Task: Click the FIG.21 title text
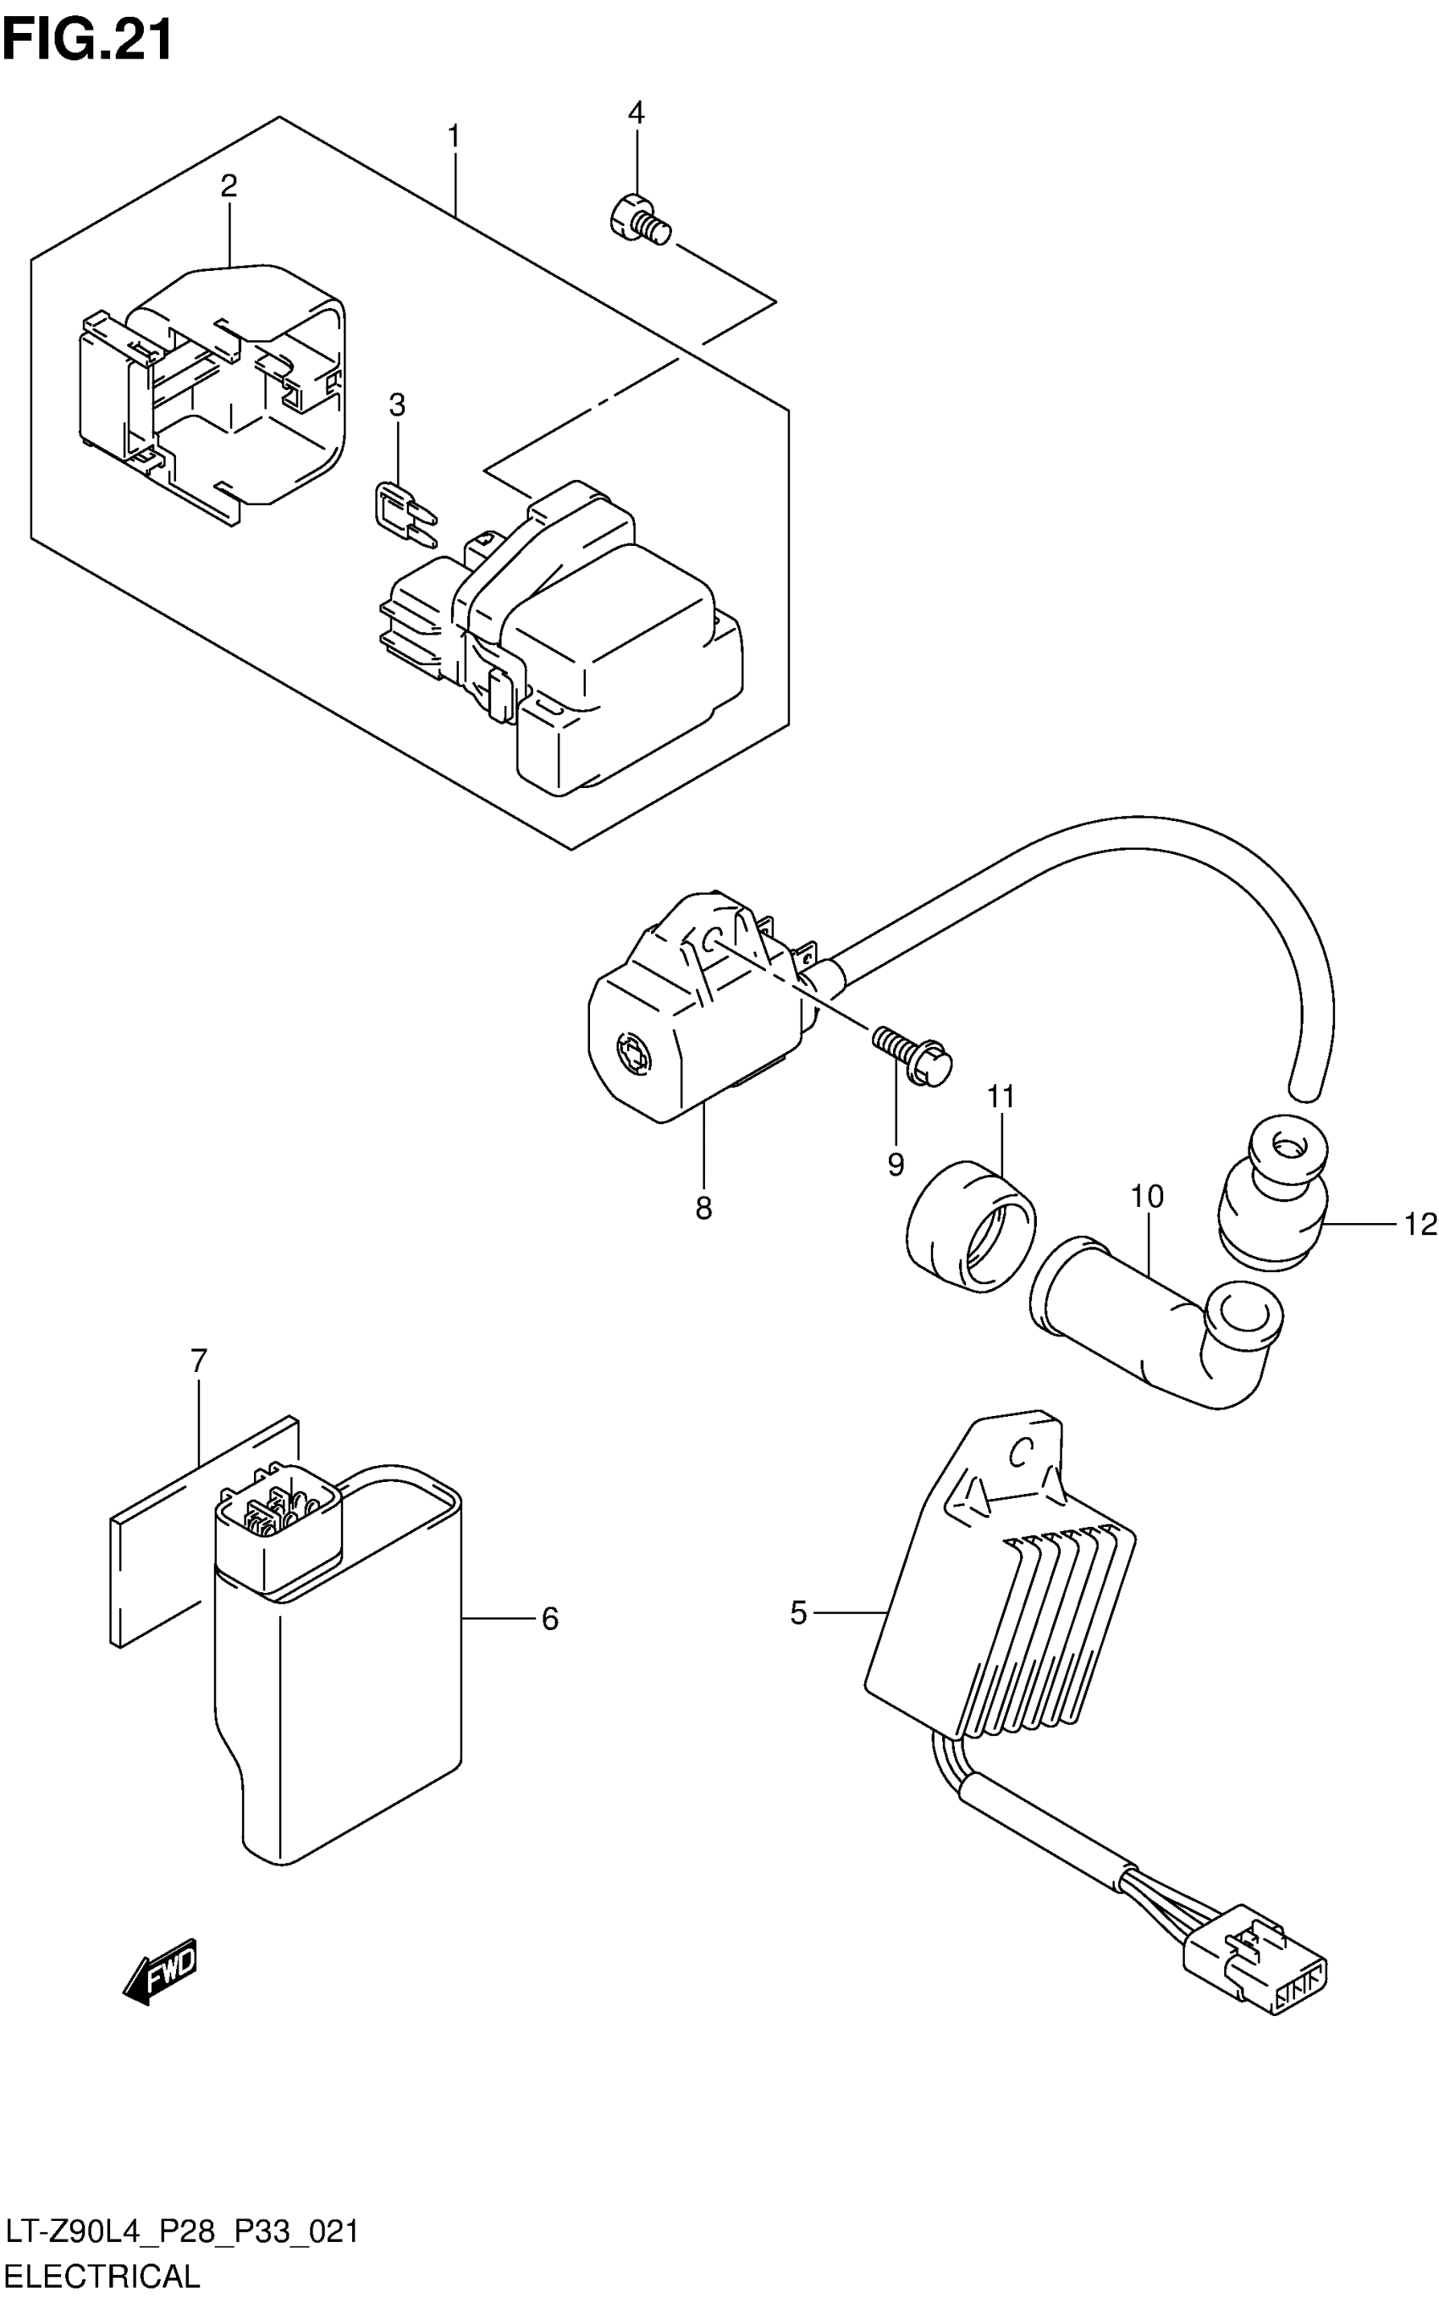(87, 39)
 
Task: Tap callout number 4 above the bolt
(636, 113)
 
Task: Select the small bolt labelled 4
(640, 218)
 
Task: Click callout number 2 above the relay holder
(229, 185)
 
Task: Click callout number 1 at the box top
(454, 137)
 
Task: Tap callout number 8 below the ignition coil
(703, 1208)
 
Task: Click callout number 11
(1001, 1097)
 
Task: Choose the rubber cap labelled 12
(1271, 1196)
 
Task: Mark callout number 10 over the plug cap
(1147, 1196)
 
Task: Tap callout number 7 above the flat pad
(198, 1362)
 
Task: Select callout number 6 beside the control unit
(549, 1619)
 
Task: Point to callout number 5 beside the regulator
(798, 1613)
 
